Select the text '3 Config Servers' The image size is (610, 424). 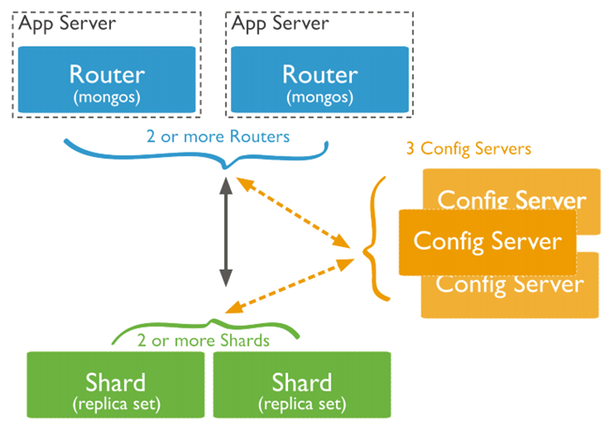468,149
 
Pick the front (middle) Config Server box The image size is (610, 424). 487,240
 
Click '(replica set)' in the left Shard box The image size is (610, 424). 116,404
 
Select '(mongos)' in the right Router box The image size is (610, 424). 319,95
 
